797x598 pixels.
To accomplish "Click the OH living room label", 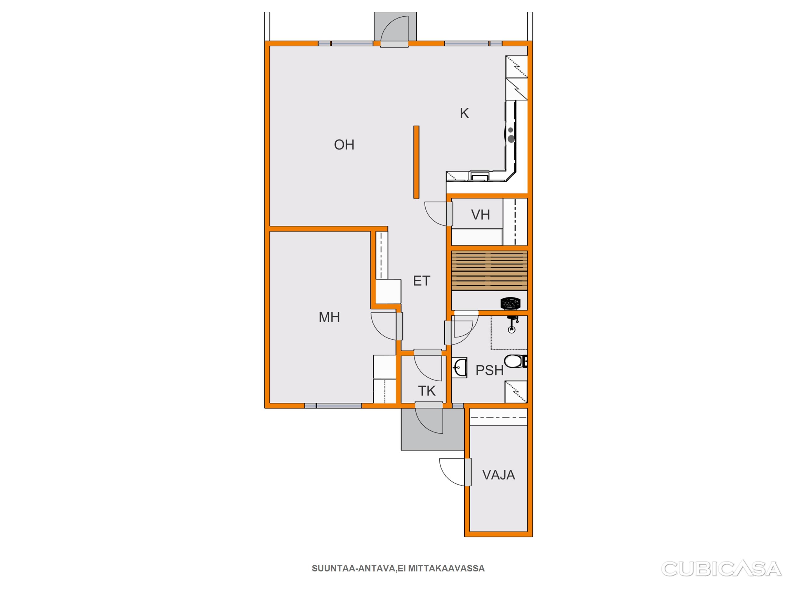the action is click(344, 145).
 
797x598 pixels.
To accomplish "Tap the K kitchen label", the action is click(464, 114).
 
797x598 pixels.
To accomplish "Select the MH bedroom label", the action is click(329, 317).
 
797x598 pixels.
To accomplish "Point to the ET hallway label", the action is click(422, 281).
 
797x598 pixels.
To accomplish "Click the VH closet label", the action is click(480, 215).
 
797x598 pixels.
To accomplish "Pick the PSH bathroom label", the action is click(489, 370).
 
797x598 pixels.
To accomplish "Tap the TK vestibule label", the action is click(427, 391).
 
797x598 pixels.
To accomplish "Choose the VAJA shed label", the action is click(499, 475).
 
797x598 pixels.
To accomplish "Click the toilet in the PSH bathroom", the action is click(516, 361).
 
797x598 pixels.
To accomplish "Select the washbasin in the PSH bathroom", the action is click(460, 368).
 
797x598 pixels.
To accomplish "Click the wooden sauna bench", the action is click(489, 271).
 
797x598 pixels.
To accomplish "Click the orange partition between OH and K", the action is click(416, 162).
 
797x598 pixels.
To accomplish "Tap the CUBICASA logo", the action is click(721, 569).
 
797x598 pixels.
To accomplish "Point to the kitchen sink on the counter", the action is click(479, 177).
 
